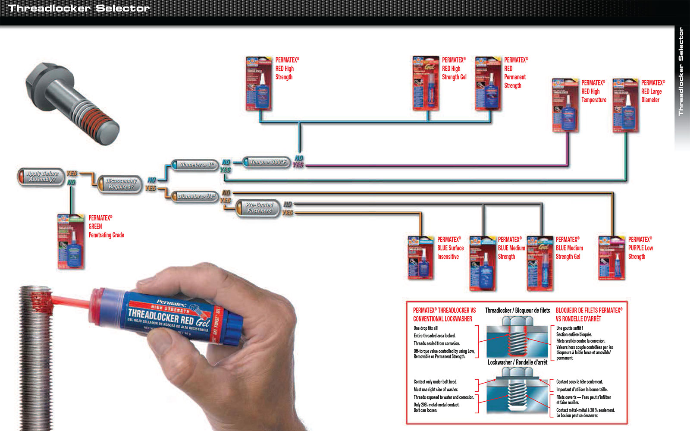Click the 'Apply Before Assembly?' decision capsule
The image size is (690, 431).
tap(41, 176)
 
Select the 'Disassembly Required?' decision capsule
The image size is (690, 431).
tap(120, 184)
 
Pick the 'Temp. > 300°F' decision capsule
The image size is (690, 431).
tap(267, 162)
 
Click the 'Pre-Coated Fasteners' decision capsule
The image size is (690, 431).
tap(258, 208)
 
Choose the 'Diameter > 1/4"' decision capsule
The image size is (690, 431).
tap(195, 197)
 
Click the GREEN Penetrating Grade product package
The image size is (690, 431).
tap(71, 242)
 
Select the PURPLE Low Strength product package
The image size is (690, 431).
tap(612, 258)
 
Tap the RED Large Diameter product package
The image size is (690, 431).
tap(625, 106)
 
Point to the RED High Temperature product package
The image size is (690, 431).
tap(565, 106)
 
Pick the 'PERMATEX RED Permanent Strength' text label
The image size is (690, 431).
tap(515, 72)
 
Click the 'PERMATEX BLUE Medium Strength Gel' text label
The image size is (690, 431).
tap(569, 248)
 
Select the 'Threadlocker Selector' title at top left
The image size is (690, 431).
tap(79, 8)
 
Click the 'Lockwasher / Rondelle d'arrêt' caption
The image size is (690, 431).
tap(517, 362)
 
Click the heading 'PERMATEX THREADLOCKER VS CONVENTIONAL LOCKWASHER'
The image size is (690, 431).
tap(444, 315)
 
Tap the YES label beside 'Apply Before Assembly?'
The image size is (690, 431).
tap(72, 173)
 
